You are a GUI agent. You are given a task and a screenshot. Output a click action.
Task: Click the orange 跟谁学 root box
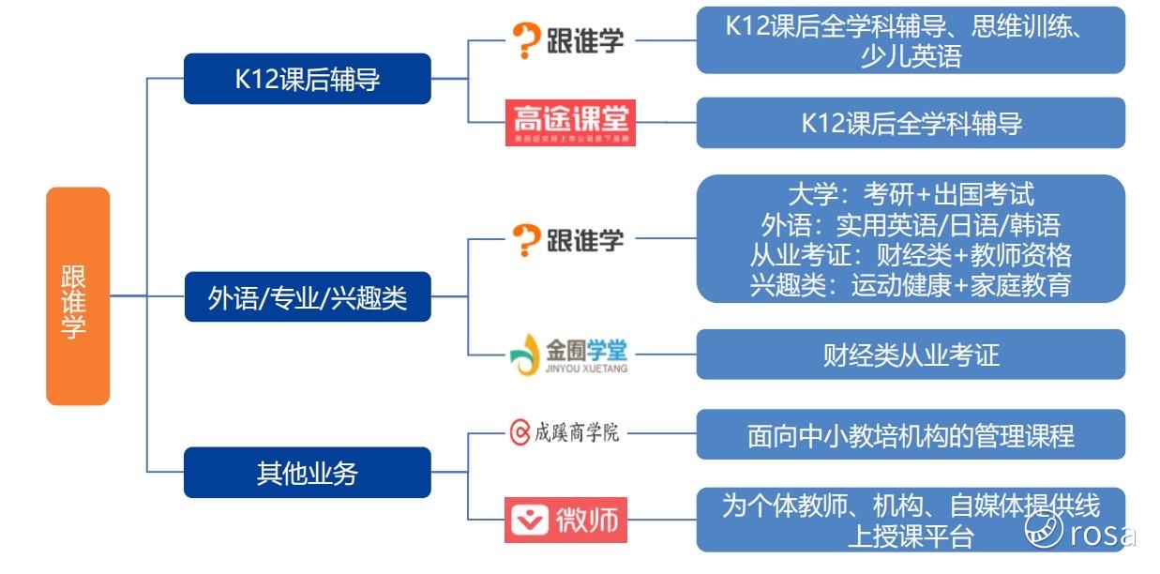pos(78,296)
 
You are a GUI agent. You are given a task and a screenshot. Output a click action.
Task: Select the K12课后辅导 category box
pos(307,79)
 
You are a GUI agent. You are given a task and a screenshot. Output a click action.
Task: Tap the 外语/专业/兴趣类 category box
pos(307,297)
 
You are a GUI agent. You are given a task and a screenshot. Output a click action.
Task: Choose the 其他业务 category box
pos(307,473)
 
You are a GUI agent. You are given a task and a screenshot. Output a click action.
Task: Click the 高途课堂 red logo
pos(570,123)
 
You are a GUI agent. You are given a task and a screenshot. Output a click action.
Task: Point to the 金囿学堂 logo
pos(568,354)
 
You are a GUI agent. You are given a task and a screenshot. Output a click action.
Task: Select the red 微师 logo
pos(565,518)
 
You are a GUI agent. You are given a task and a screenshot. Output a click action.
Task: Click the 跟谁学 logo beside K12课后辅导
pos(567,40)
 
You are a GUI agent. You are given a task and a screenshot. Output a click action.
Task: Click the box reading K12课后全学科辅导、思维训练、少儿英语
pos(910,40)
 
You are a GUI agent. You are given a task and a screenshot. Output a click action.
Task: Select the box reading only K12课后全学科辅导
pos(910,123)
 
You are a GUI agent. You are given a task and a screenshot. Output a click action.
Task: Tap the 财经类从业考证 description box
pos(910,355)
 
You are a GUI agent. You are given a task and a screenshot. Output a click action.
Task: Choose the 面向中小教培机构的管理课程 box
pos(910,436)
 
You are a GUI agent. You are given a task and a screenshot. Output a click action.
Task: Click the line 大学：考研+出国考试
pos(910,195)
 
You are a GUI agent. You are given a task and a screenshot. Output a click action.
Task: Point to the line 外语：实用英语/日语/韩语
pos(910,225)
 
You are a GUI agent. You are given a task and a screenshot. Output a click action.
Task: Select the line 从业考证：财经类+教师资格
pos(910,255)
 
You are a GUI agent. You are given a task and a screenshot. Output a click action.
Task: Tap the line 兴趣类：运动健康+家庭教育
pos(910,284)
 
